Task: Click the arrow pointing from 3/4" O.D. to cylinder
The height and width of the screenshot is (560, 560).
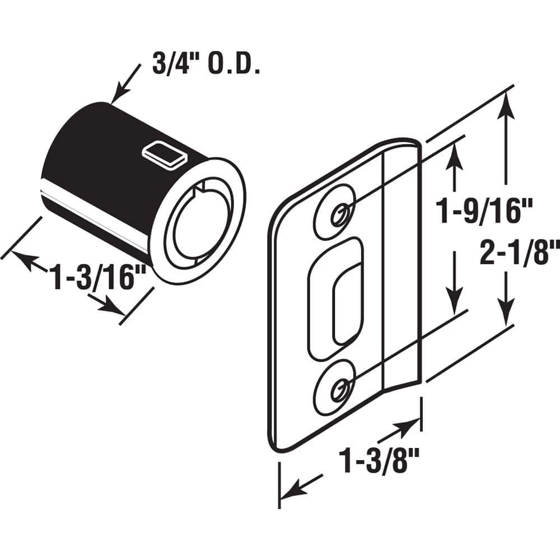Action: (x=124, y=85)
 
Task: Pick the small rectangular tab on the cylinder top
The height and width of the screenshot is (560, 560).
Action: (x=164, y=152)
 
